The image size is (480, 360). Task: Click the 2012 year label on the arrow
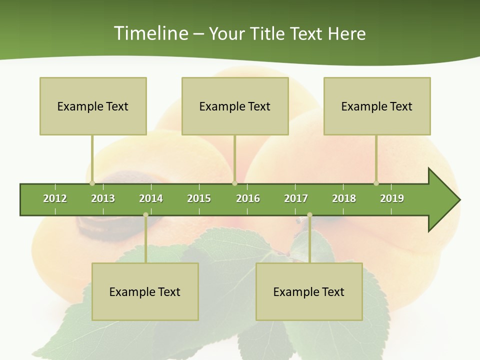point(55,198)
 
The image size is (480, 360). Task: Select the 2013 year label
point(103,198)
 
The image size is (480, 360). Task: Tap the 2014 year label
point(151,198)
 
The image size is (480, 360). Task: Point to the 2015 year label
point(199,198)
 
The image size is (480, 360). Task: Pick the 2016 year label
point(248,198)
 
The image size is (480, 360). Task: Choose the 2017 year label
point(296,198)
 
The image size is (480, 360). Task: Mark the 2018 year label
point(344,198)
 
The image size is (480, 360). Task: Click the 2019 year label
point(392,198)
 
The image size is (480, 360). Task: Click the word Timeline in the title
point(150,33)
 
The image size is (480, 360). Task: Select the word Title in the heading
point(268,33)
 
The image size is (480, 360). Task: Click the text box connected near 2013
point(93,106)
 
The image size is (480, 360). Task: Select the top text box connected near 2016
point(235,106)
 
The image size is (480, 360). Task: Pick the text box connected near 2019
point(377,106)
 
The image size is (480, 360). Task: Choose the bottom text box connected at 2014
point(145,291)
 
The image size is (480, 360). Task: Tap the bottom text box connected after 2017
point(309,291)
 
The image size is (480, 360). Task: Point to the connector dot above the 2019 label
point(376,183)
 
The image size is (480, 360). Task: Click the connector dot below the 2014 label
point(145,215)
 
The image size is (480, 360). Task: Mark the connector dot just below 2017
point(309,215)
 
